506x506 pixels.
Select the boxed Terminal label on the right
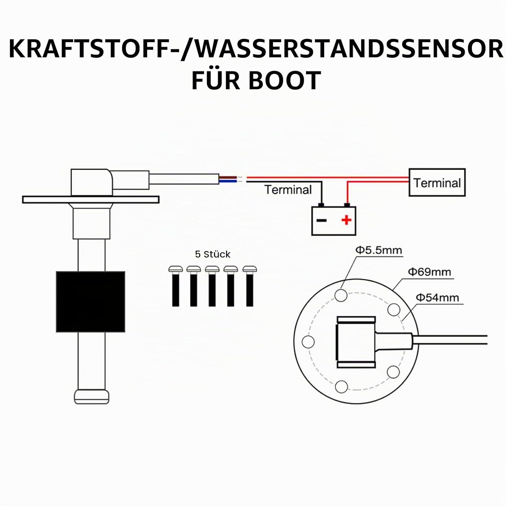tap(437, 182)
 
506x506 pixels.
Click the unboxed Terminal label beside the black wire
tap(288, 190)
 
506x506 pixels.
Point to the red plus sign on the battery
tap(346, 220)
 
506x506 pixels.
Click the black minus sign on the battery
tap(321, 220)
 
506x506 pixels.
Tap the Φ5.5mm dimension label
tap(379, 250)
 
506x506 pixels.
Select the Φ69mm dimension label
tap(429, 272)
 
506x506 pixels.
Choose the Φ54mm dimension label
tap(438, 298)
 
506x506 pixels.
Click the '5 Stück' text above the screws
tap(213, 254)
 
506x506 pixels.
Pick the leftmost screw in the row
tap(175, 286)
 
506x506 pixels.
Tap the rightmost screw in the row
tap(250, 286)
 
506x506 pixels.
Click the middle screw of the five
tap(212, 286)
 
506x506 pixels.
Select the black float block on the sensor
tap(90, 302)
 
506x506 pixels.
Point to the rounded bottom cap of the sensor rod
tap(92, 397)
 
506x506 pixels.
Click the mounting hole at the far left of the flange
tap(308, 342)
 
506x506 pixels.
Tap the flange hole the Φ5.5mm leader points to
tap(341, 295)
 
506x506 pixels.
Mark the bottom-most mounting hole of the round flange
tap(341, 387)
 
